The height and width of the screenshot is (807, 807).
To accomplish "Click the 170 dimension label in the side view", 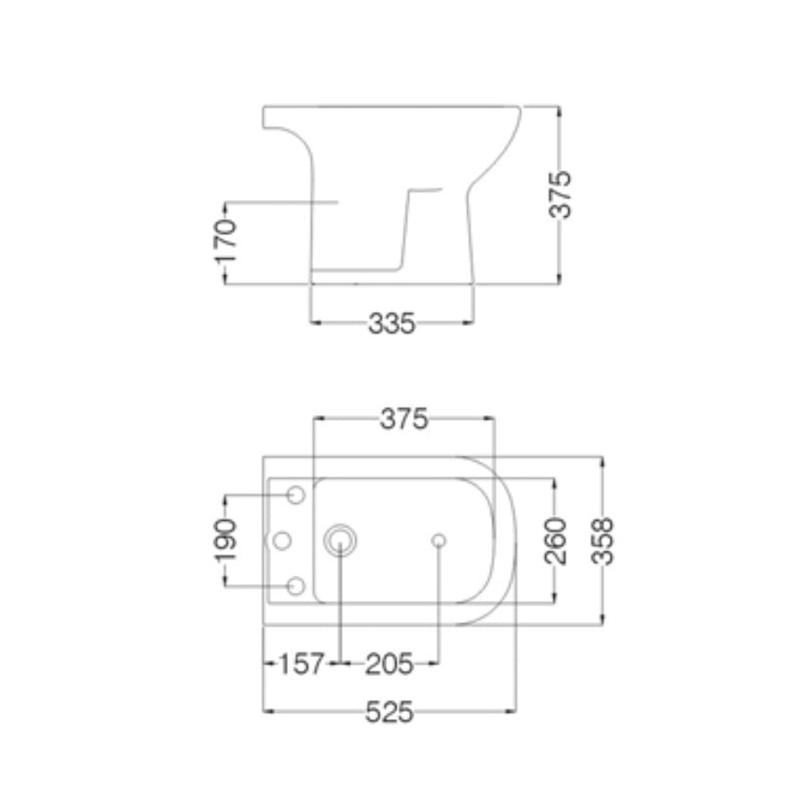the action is pos(225,241).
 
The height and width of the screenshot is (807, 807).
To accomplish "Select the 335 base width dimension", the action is pos(392,324).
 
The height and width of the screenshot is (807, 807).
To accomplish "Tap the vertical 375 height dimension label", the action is pos(560,195).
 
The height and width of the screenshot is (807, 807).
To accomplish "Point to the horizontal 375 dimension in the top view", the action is pos(404,419).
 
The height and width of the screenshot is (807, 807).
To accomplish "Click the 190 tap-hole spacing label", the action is pos(225,541).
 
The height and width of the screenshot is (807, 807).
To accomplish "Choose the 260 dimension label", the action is pos(555,541).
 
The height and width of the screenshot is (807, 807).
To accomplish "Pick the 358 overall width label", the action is pos(603,542).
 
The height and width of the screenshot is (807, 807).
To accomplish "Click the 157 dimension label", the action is pos(301,664).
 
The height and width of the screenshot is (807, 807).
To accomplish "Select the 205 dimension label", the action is pos(389,664).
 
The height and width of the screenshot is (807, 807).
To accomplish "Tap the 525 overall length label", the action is pos(389,712).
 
